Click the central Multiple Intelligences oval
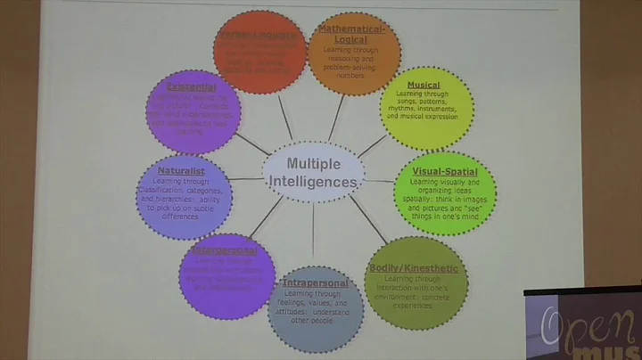(313, 172)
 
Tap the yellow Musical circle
(426, 107)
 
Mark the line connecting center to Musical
(373, 143)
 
